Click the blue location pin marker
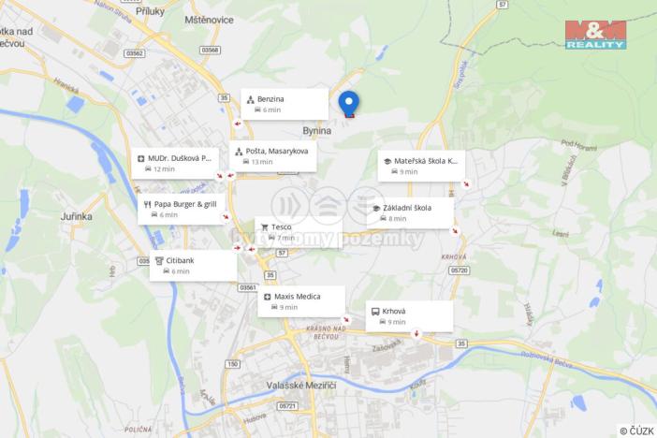348,103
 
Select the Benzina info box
285,104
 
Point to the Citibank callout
193,266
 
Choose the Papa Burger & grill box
182,209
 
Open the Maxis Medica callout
301,301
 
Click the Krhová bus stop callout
408,315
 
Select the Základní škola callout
409,212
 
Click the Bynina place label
317,132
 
